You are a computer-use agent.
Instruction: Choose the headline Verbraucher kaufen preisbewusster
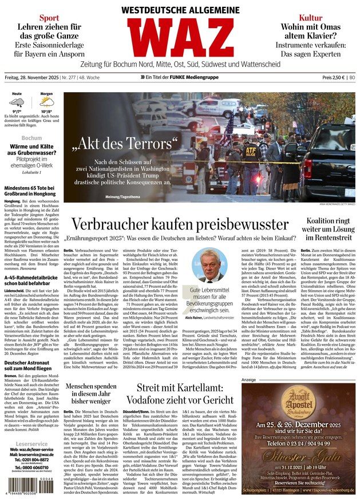click(x=179, y=225)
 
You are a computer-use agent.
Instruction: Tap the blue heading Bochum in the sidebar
click(x=31, y=138)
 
